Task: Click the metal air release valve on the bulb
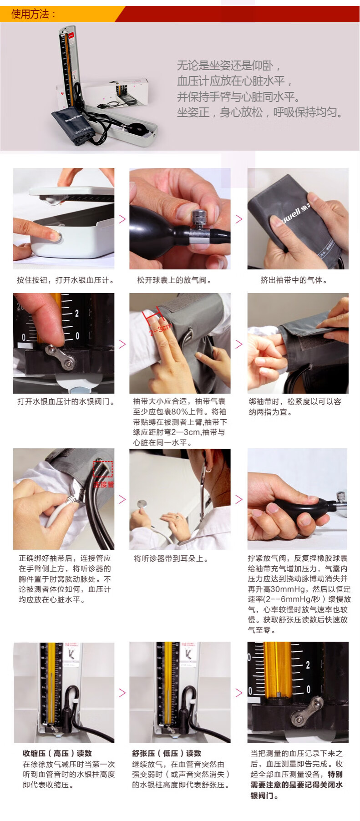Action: [199, 221]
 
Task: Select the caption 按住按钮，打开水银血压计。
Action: [65, 280]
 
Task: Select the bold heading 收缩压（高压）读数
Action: [57, 753]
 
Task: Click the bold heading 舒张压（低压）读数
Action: [167, 753]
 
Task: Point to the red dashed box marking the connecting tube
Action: [103, 469]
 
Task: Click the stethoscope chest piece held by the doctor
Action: [142, 504]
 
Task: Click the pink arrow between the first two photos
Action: [122, 219]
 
